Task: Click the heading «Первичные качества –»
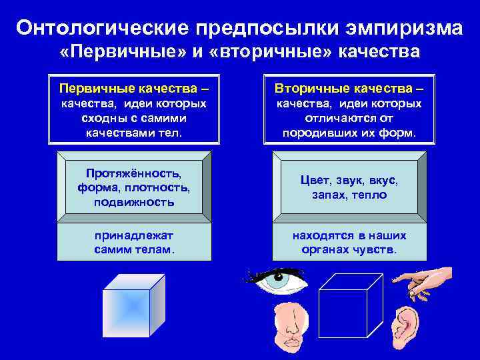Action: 134,88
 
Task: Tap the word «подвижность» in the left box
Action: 134,202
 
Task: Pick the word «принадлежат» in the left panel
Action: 134,236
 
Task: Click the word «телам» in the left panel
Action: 153,250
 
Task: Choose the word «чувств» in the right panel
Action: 377,250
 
